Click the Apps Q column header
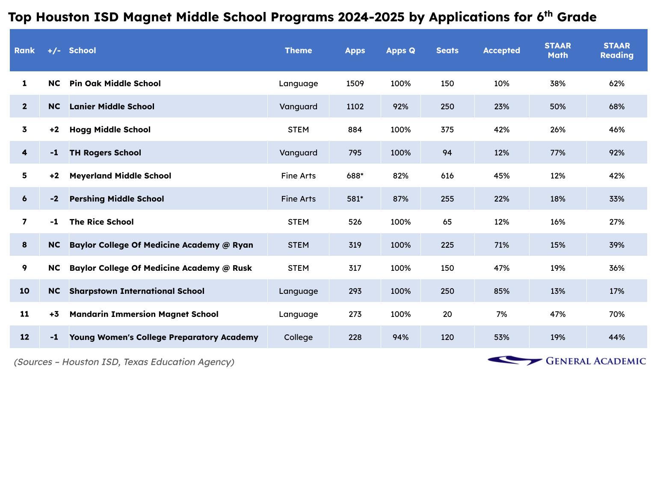(x=400, y=50)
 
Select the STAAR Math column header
(x=558, y=50)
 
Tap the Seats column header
(x=447, y=50)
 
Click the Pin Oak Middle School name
(x=115, y=84)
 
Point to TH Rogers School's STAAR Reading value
(x=616, y=153)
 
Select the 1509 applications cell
(x=355, y=84)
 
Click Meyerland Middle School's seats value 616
(x=447, y=176)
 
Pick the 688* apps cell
(x=355, y=176)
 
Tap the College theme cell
(x=298, y=337)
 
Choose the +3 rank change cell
(x=54, y=314)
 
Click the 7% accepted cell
(x=501, y=314)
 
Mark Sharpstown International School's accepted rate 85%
(x=501, y=291)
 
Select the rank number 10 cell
(x=24, y=291)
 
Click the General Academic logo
(x=567, y=361)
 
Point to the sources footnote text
(x=124, y=362)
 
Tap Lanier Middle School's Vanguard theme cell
(x=298, y=107)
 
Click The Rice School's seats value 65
(x=447, y=222)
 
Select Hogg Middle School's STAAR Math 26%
(x=558, y=130)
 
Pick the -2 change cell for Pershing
(x=54, y=199)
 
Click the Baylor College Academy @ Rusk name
(x=160, y=268)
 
